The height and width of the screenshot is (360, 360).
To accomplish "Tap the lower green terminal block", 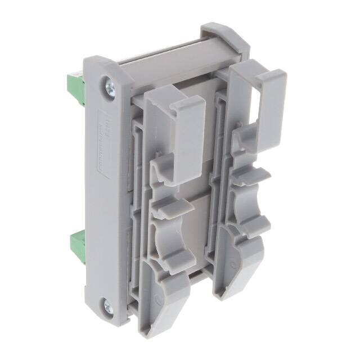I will click(76, 243).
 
